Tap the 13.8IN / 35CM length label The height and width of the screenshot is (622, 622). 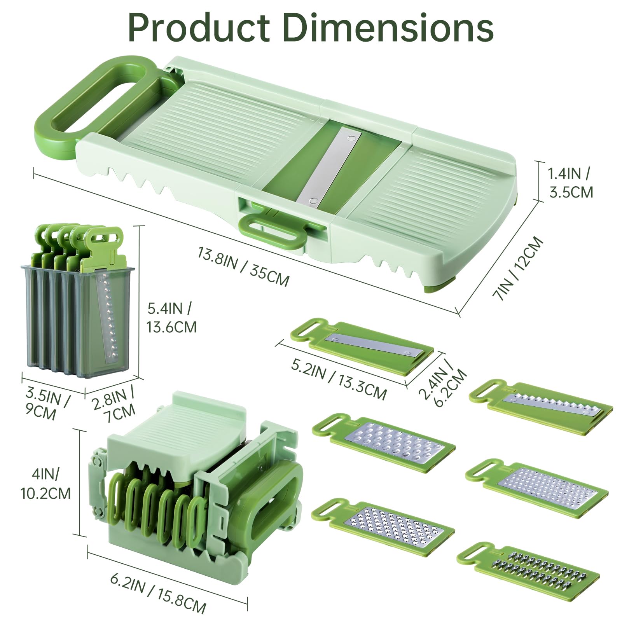pos(243,266)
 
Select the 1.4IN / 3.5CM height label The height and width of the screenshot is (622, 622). pos(570,183)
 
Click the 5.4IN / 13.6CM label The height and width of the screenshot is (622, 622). pos(171,318)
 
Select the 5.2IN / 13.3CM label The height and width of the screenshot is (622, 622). pos(338,379)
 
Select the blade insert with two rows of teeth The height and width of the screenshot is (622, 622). pos(529,570)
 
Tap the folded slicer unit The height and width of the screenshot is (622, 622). pos(194,478)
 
